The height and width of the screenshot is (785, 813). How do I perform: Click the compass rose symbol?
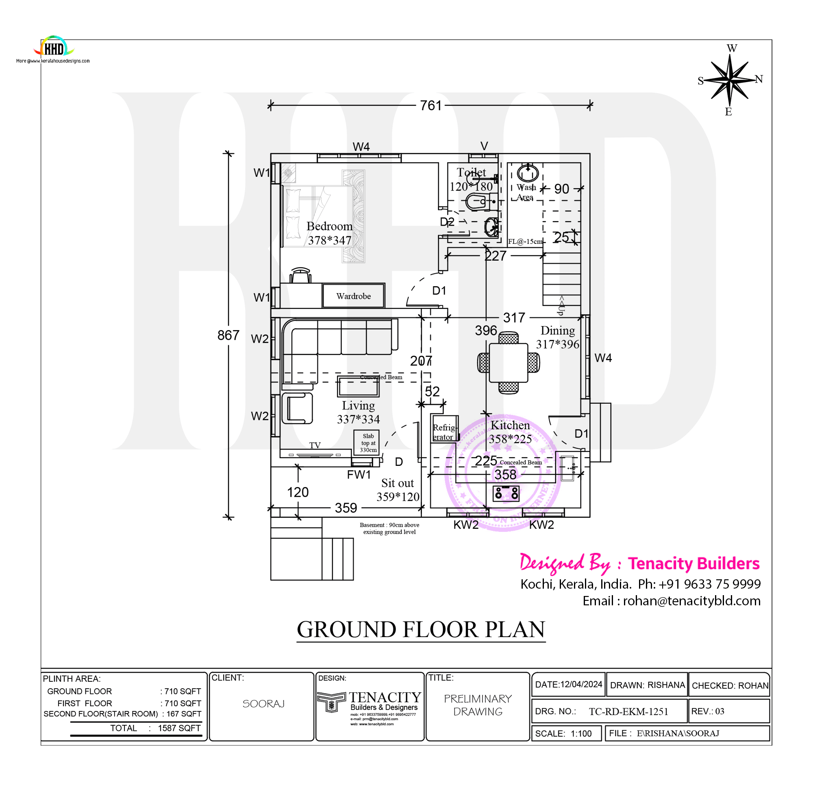pos(730,79)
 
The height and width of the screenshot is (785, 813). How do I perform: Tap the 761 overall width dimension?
pos(430,105)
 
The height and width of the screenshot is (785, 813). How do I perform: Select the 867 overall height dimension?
pos(228,335)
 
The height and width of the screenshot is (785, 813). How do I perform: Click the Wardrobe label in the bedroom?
pos(353,296)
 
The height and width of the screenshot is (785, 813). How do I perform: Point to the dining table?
pos(509,362)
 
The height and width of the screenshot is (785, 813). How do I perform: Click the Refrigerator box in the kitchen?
pos(444,432)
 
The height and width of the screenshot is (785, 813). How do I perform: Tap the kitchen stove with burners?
pos(506,494)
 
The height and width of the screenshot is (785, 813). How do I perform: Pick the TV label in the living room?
pos(315,445)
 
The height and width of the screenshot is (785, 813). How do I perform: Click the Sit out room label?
pos(398,483)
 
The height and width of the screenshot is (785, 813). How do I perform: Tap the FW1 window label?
pos(359,475)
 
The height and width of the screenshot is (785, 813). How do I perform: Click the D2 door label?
pos(447,222)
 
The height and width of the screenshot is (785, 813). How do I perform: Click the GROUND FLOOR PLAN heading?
pos(421,630)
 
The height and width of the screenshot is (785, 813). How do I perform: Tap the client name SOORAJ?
pos(263,704)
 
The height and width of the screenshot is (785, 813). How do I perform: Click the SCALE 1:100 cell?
pos(567,733)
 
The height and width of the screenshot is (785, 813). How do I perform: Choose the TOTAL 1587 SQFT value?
pos(179,728)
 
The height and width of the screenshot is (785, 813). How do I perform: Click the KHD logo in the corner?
pos(54,48)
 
